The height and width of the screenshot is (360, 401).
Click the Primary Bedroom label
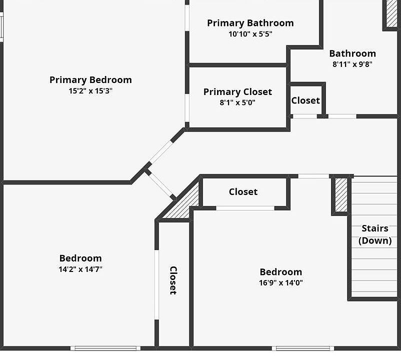click(x=91, y=80)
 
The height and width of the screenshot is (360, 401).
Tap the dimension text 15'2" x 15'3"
click(x=90, y=91)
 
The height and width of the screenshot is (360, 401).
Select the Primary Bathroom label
click(x=250, y=23)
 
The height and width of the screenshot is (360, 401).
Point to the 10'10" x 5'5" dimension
click(x=250, y=34)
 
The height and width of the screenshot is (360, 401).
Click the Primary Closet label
click(x=237, y=92)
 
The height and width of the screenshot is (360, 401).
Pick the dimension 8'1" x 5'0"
click(x=237, y=103)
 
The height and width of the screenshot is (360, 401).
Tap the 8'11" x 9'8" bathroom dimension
click(x=352, y=64)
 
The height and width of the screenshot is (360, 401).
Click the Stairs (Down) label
click(x=375, y=234)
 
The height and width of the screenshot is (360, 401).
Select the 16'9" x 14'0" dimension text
click(x=281, y=283)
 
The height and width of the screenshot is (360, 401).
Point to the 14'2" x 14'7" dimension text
click(x=80, y=269)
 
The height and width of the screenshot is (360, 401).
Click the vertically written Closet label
click(x=173, y=280)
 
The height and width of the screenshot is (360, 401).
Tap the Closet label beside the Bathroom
click(x=305, y=100)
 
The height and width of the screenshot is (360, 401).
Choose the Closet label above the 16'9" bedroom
click(x=243, y=192)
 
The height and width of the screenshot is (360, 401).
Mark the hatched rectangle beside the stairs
click(x=341, y=195)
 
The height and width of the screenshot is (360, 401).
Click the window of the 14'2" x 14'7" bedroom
click(x=105, y=348)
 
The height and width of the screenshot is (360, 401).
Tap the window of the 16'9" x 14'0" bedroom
click(x=303, y=348)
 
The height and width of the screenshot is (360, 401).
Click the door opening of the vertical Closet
click(x=157, y=284)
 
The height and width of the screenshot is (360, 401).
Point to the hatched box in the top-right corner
click(x=392, y=13)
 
